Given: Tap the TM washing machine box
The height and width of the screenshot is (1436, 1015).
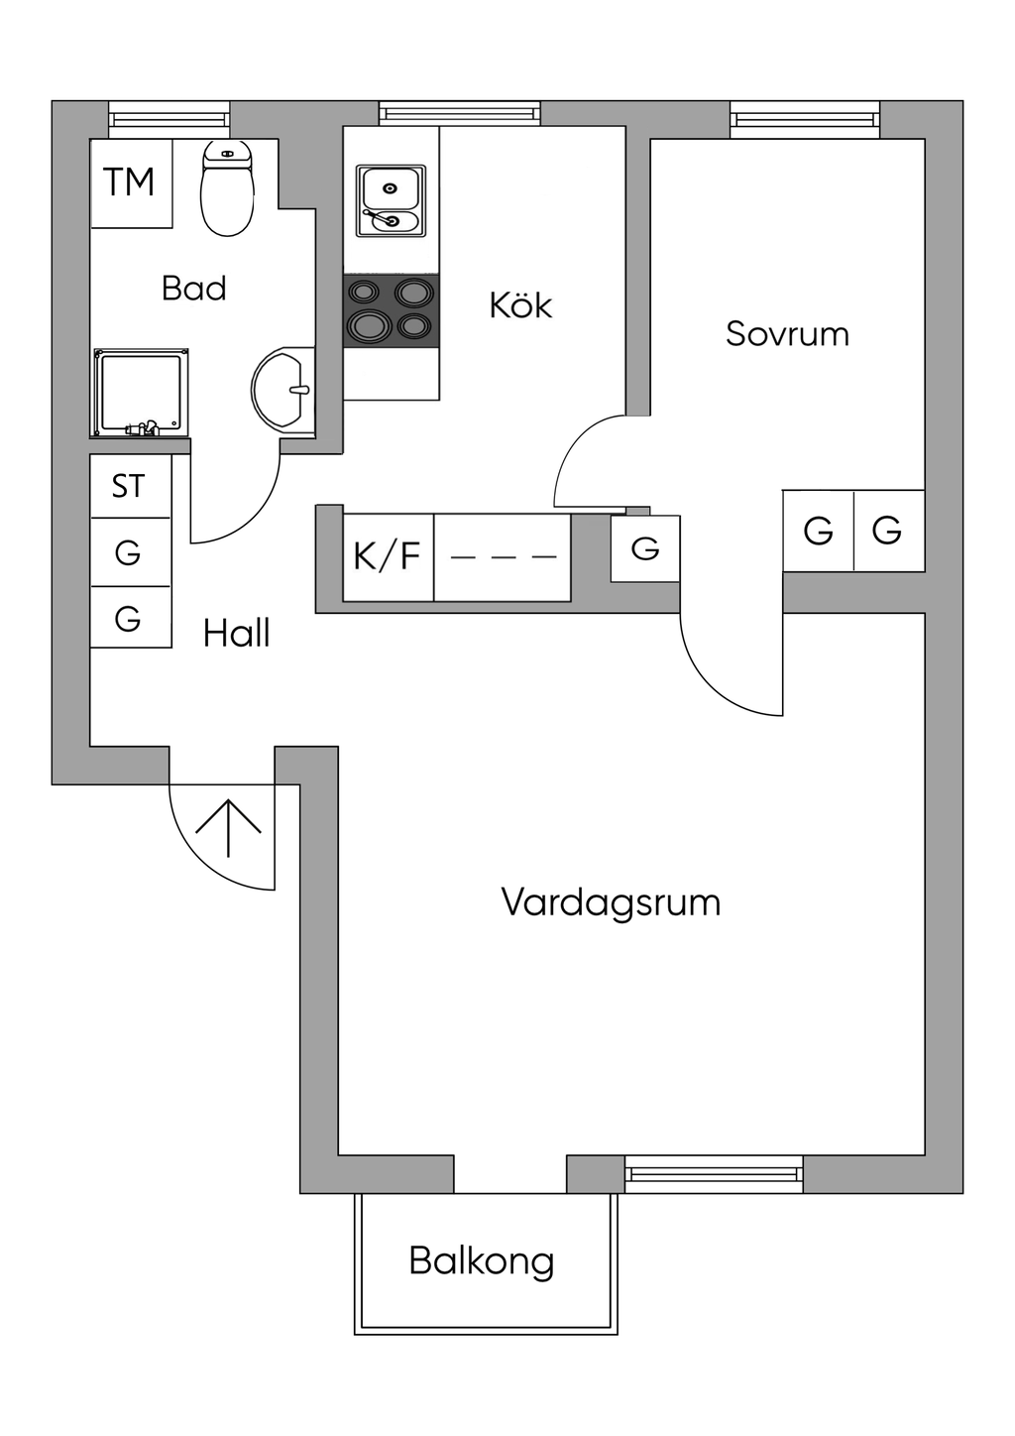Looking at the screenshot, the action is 132,183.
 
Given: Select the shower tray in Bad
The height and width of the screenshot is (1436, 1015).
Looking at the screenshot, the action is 142,393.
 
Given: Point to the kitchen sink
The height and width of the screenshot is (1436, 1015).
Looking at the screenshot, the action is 391,200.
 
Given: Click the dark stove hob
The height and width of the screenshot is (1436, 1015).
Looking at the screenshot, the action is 391,311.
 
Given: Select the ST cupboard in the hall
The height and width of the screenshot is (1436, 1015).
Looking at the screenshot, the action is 131,486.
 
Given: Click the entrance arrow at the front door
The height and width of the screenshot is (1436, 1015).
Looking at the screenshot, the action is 228,828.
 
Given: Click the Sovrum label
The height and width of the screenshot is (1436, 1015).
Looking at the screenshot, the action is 788,334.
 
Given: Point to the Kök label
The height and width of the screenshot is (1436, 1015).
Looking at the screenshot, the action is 520,305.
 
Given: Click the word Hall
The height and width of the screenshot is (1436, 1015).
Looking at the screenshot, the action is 237,634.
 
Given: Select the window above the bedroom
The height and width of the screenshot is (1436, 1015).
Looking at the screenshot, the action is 806,120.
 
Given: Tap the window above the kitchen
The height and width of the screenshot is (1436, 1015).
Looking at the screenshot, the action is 460,113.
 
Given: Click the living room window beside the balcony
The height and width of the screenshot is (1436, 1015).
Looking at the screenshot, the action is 714,1174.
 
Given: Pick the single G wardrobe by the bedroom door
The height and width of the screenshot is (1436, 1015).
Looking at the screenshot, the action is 645,548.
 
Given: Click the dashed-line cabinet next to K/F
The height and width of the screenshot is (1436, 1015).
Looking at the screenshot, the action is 503,557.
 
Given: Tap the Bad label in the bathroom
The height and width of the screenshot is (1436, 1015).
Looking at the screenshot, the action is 194,288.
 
